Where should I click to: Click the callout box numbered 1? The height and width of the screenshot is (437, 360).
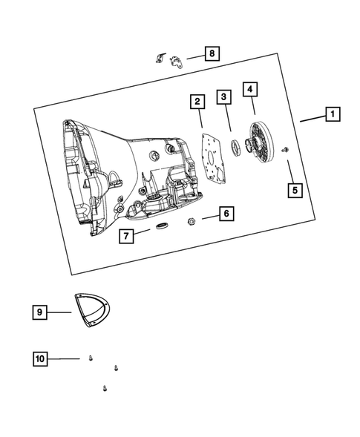[x=333, y=114]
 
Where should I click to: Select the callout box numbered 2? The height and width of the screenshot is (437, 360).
[x=197, y=101]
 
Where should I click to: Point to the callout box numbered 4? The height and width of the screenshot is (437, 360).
[x=252, y=89]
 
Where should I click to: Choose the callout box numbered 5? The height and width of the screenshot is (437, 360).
[x=295, y=191]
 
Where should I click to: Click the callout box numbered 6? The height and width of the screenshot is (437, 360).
[x=227, y=214]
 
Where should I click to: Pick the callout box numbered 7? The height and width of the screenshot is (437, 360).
[x=127, y=236]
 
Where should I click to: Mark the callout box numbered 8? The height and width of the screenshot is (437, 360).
[x=212, y=53]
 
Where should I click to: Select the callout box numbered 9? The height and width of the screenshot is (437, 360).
[x=39, y=312]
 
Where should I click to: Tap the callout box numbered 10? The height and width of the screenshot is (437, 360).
[x=40, y=358]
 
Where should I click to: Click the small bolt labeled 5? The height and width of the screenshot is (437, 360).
[x=285, y=151]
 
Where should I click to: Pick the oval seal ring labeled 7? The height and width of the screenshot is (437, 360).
[x=162, y=224]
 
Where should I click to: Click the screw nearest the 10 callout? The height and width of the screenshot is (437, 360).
[x=89, y=358]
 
